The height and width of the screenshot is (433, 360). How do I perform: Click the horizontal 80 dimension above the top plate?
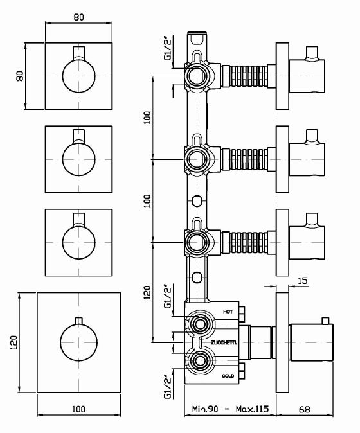79,18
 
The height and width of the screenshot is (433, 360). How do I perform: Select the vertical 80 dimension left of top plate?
20,76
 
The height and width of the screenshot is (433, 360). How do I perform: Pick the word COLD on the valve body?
228,375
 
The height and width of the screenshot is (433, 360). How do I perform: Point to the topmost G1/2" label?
168,49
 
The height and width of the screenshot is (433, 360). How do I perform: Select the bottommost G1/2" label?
168,388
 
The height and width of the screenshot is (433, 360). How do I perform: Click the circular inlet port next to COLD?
198,360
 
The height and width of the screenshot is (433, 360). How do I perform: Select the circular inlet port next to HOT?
198,324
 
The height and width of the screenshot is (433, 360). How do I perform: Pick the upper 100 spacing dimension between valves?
147,118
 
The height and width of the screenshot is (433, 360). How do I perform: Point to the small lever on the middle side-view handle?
312,136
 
